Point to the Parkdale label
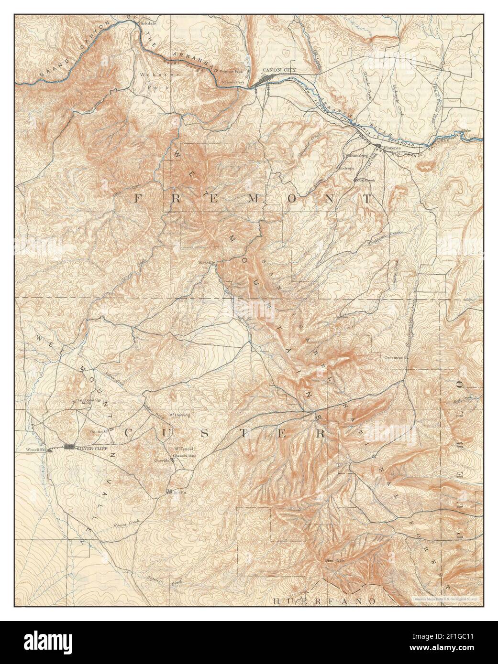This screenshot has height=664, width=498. (x=147, y=23)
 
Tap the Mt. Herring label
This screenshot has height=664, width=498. (x=180, y=415)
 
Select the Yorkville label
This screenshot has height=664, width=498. (x=207, y=263)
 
